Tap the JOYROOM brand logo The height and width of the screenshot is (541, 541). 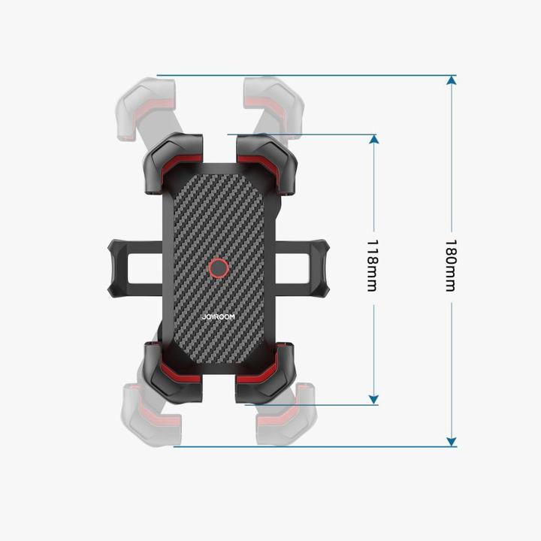click(218, 317)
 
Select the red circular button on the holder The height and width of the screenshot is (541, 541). click(218, 268)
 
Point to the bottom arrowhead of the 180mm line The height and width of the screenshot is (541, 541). click(451, 441)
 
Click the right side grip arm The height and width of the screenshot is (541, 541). click(304, 267)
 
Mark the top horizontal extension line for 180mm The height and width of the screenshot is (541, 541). click(301, 76)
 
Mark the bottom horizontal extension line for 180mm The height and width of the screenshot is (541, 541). click(316, 446)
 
